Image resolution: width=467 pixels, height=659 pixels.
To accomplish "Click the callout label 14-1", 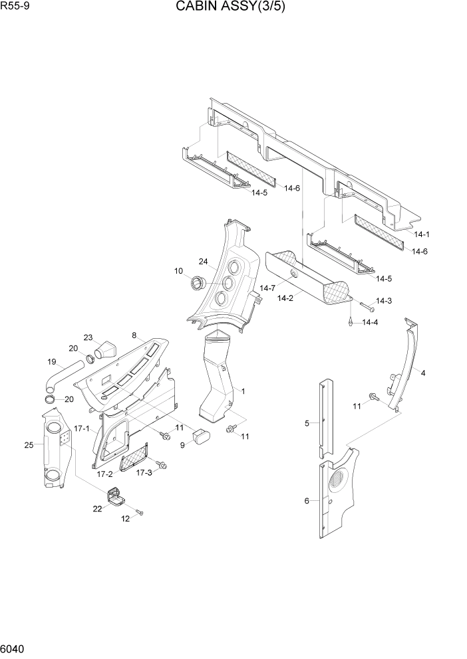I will [x=422, y=235].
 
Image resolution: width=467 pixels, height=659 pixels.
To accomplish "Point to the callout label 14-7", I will [x=267, y=288].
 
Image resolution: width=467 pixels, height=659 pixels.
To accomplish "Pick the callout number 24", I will [x=204, y=261].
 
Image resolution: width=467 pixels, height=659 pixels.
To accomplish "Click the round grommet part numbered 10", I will [x=197, y=284].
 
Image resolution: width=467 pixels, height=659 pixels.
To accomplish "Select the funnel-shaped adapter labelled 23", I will [x=105, y=349].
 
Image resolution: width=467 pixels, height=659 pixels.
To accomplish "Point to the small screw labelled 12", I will [x=139, y=512].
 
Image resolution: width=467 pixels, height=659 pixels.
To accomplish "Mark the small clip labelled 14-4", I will [x=349, y=322].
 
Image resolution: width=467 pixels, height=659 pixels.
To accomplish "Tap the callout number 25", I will [x=29, y=445].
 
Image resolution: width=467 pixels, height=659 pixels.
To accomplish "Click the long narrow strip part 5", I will [x=325, y=419].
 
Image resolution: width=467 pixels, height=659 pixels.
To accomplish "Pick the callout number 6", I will [x=307, y=501].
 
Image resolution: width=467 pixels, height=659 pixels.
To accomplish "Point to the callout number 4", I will [x=423, y=373].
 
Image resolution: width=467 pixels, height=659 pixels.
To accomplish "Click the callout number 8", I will [x=134, y=335].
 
